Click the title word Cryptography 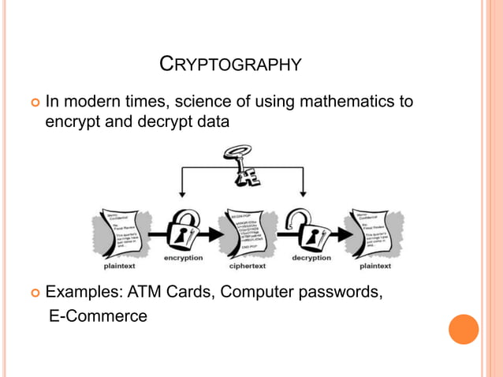(x=230, y=63)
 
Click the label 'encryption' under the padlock (x=183, y=258)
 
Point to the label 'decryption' (x=311, y=258)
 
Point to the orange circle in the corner (x=464, y=329)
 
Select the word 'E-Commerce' (x=98, y=316)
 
